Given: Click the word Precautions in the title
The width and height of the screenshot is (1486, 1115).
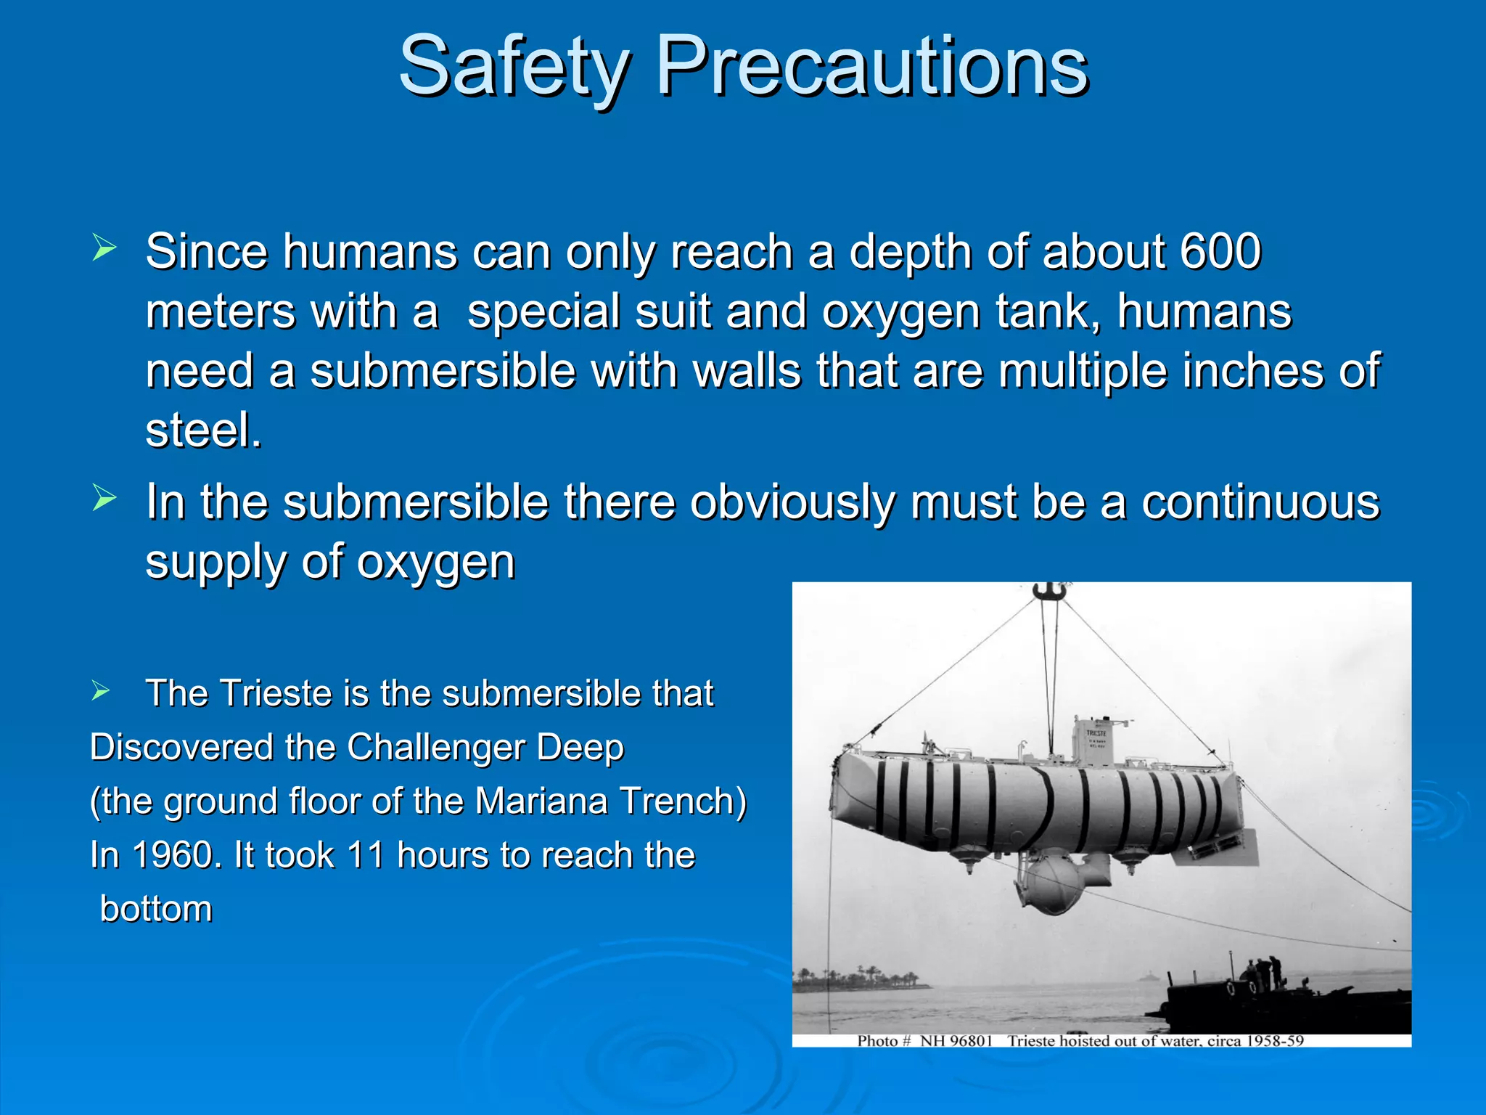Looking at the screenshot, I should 871,67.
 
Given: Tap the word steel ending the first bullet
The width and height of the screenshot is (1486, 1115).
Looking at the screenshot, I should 202,430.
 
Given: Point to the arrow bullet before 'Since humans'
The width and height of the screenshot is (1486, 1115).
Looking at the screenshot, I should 104,248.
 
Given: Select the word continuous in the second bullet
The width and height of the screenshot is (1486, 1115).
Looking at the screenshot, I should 1260,502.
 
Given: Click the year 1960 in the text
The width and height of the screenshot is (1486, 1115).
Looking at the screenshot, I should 173,855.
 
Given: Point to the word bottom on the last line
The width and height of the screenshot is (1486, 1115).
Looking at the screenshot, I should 156,909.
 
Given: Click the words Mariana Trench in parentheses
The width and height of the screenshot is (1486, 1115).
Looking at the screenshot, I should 610,801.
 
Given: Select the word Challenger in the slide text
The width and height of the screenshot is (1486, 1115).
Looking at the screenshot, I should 435,748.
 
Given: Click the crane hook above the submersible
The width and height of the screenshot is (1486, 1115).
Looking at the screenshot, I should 1049,592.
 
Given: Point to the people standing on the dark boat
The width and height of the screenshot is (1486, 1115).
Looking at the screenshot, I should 1264,973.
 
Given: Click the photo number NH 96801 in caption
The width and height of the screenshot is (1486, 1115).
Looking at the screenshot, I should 956,1041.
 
